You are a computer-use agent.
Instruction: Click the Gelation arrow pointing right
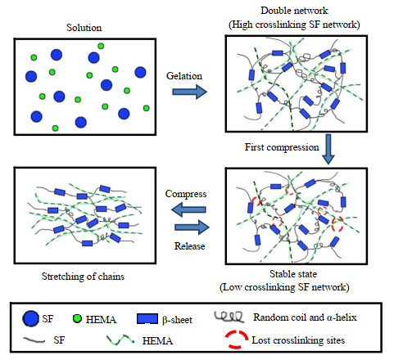190,92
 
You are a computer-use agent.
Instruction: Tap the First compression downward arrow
328,149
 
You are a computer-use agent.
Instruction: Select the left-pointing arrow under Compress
188,209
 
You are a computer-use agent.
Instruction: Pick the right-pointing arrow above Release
192,227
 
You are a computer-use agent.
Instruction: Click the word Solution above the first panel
84,28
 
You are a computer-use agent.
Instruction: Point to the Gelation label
184,76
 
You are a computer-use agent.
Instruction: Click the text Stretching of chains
83,277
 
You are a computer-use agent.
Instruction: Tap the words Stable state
293,273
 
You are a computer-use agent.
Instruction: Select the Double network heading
294,11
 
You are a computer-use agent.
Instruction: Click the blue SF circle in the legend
31,318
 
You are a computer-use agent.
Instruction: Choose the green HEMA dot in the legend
77,318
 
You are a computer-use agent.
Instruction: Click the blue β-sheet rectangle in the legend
147,319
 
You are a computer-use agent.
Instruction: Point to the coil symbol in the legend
229,317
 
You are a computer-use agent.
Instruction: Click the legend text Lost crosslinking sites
298,340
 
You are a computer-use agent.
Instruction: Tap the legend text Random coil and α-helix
305,317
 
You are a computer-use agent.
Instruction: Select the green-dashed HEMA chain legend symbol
120,340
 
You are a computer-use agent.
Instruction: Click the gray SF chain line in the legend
34,340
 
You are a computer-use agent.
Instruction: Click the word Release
190,246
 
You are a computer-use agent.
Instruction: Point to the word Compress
186,194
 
